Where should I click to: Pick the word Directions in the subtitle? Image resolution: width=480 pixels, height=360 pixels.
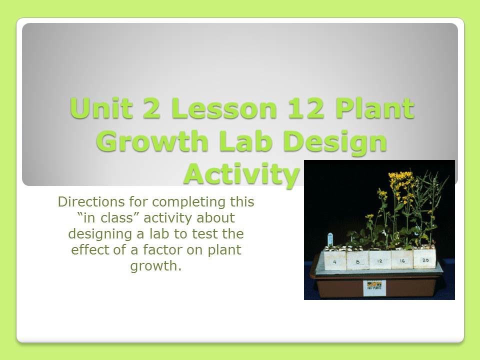tap(86, 202)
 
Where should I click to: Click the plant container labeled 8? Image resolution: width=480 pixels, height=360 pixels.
tap(357, 260)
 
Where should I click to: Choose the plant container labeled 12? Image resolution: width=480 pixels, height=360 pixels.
tap(380, 259)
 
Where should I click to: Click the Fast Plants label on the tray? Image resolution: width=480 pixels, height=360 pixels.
tap(374, 287)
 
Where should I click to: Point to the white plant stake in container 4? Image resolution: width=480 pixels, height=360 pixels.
tap(330, 238)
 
